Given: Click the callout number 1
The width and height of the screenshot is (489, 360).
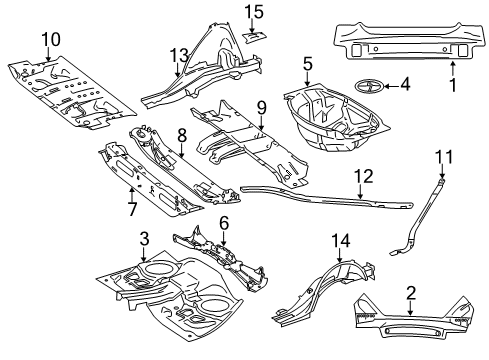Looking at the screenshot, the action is [x=452, y=85].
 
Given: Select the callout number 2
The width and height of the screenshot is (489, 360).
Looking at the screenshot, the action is [x=411, y=293].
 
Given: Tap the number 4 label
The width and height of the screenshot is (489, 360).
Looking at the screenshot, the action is [x=405, y=85].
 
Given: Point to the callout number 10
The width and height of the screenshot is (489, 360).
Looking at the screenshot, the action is [x=51, y=39].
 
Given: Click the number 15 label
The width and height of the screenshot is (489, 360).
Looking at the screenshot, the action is [x=254, y=12].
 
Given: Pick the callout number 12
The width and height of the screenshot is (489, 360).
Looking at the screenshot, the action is [x=364, y=176].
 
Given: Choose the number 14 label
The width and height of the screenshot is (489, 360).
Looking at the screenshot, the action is [x=341, y=241].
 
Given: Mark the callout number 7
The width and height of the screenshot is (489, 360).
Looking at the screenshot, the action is [x=132, y=209].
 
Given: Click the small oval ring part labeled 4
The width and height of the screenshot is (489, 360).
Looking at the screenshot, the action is [x=368, y=86].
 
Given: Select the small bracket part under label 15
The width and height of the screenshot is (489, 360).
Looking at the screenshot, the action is [x=254, y=37].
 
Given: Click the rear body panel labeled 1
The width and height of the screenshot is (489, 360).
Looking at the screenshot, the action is [x=408, y=42].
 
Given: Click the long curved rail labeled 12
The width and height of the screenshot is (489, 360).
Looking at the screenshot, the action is [x=327, y=198].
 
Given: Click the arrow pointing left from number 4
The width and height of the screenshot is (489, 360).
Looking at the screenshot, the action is [x=391, y=86].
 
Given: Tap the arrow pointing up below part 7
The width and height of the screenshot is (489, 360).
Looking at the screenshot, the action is [x=131, y=194].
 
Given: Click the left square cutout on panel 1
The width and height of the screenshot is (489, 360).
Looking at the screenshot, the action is [x=356, y=50].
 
